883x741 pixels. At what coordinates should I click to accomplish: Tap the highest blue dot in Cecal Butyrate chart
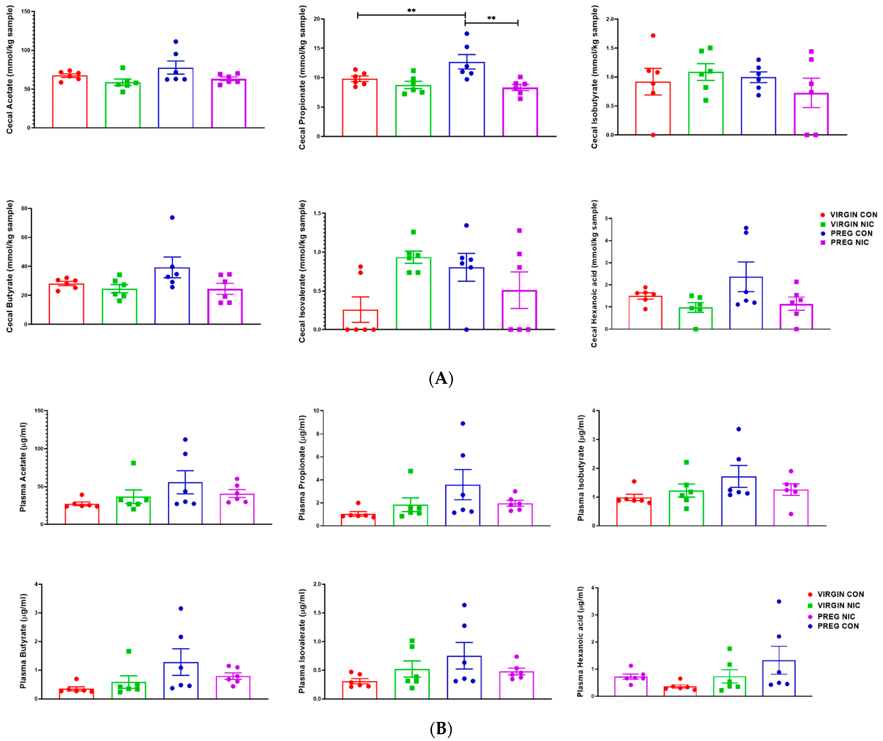pos(172,217)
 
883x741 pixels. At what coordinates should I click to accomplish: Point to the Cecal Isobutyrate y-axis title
pos(594,77)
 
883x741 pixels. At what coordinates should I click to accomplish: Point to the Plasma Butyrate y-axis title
pos(23,641)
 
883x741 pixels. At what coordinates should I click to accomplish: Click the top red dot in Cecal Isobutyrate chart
pos(653,36)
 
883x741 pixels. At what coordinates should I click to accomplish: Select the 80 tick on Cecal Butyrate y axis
pos(24,209)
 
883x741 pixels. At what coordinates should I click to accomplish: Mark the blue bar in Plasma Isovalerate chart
pos(464,677)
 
